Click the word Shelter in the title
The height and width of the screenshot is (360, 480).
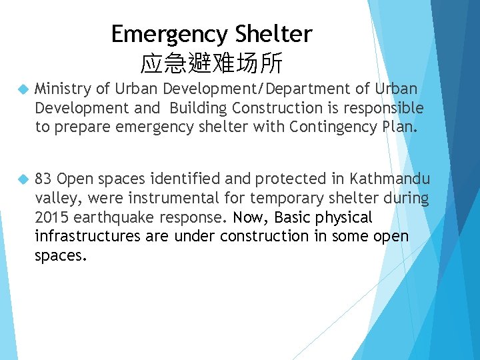pos(274,34)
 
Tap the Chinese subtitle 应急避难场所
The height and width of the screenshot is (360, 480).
pos(212,64)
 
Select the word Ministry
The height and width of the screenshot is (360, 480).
pos(62,89)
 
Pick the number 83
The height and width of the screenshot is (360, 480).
pos(43,180)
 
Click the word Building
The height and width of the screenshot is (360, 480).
pos(199,108)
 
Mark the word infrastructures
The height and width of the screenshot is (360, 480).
pos(85,236)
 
